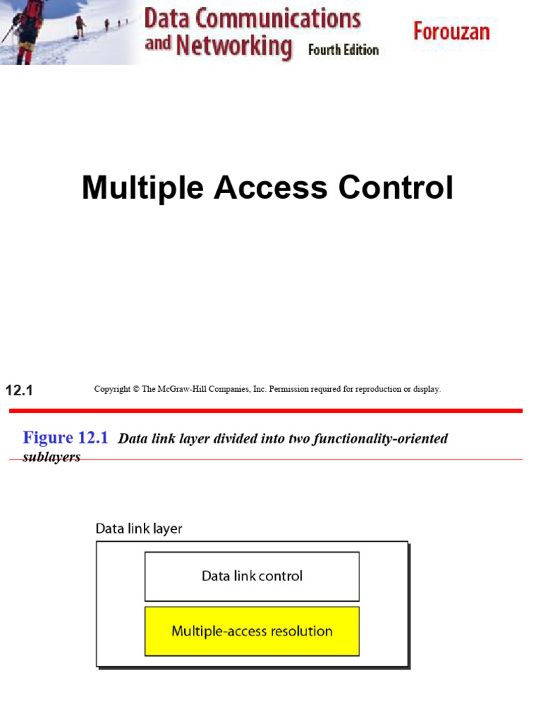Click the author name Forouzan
pyautogui.click(x=452, y=31)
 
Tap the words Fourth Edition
pyautogui.click(x=343, y=50)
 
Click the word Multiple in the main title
pyautogui.click(x=143, y=188)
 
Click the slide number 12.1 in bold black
pyautogui.click(x=19, y=390)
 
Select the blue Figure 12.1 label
pyautogui.click(x=66, y=438)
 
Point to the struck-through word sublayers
pyautogui.click(x=52, y=458)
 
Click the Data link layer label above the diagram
pyautogui.click(x=139, y=529)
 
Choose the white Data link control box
pyautogui.click(x=252, y=577)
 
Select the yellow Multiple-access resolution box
pyautogui.click(x=252, y=631)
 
